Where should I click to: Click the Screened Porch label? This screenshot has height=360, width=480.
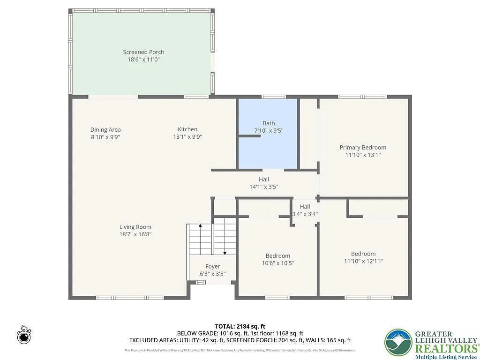pos(143,52)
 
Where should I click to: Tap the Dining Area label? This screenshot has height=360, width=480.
pos(105,130)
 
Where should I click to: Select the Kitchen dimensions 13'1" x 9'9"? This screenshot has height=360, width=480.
pos(187,137)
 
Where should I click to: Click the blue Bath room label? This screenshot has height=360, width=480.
pos(269,123)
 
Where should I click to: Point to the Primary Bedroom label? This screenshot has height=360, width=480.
pos(363,147)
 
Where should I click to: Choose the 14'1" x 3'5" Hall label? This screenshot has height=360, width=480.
pos(264,187)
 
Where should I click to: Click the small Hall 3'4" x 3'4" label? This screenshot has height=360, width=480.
pos(305,210)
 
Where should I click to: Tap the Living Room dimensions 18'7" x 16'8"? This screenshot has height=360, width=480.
pos(135,234)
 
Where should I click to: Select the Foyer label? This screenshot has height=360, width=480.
pos(212,266)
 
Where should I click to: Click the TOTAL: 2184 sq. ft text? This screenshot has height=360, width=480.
pos(240,326)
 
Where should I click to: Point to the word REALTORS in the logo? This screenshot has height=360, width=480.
pos(443,348)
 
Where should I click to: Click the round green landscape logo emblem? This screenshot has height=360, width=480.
pos(398,342)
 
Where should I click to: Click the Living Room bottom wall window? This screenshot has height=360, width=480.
pos(130,298)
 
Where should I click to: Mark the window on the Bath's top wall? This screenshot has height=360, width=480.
pos(273,97)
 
